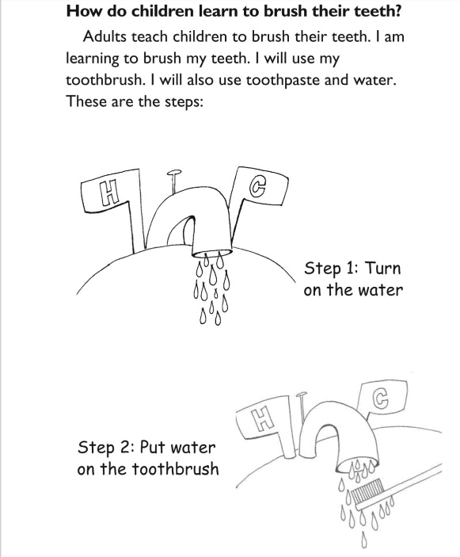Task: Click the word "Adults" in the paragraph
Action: coord(105,36)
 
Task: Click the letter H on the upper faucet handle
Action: coord(108,193)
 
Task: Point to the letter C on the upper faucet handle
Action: coord(257,186)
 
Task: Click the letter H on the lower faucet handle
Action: coord(263,419)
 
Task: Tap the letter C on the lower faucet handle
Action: coord(381,399)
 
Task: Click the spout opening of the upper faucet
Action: coord(212,253)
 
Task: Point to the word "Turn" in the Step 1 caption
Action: coord(383,268)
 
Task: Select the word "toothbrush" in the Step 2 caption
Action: coord(175,468)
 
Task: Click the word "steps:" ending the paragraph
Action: coord(184,102)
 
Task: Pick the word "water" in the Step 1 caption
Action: coord(380,290)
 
